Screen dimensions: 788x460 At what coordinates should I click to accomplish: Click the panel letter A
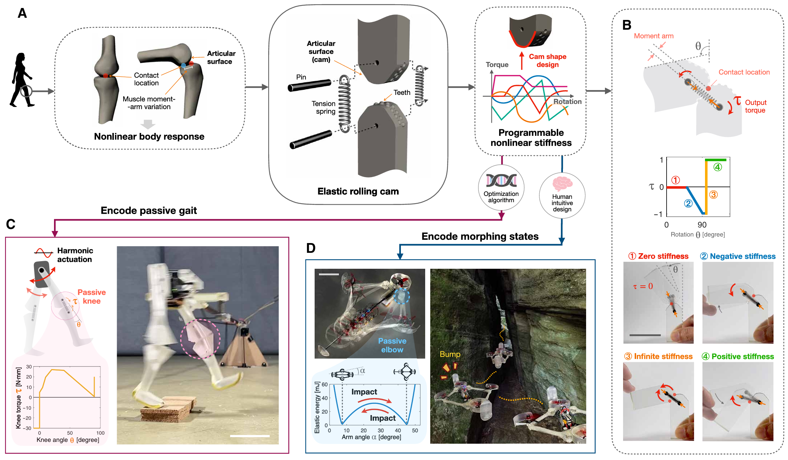coord(22,13)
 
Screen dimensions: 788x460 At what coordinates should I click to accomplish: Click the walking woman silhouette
coord(21,80)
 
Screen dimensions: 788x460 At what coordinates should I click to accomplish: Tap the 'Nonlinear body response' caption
coord(149,137)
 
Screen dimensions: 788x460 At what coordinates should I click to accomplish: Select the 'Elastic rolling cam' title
coord(358,191)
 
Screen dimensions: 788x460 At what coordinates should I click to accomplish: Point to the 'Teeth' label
coord(402,93)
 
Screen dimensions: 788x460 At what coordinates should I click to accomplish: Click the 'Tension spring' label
coord(324,108)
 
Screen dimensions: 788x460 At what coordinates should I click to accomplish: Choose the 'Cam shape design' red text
coord(547,60)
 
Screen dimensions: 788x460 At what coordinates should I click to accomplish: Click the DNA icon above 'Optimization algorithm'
coord(501,180)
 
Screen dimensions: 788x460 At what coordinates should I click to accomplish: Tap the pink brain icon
coord(562,184)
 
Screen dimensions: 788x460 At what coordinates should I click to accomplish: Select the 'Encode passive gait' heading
coord(149,210)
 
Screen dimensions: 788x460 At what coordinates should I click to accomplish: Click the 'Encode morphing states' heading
coord(480,237)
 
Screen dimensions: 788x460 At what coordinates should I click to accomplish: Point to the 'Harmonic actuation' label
coord(75,255)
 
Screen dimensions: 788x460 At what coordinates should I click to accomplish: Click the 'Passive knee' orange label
coord(92,297)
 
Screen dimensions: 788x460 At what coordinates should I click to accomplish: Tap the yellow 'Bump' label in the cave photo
coord(450,354)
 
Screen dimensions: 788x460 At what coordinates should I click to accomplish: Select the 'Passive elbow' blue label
coord(392,345)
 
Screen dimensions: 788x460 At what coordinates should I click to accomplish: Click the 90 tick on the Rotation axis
coord(702,225)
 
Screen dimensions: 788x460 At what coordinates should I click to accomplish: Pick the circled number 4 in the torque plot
coord(718,167)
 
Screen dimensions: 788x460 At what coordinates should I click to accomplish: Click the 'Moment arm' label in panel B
coord(654,36)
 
